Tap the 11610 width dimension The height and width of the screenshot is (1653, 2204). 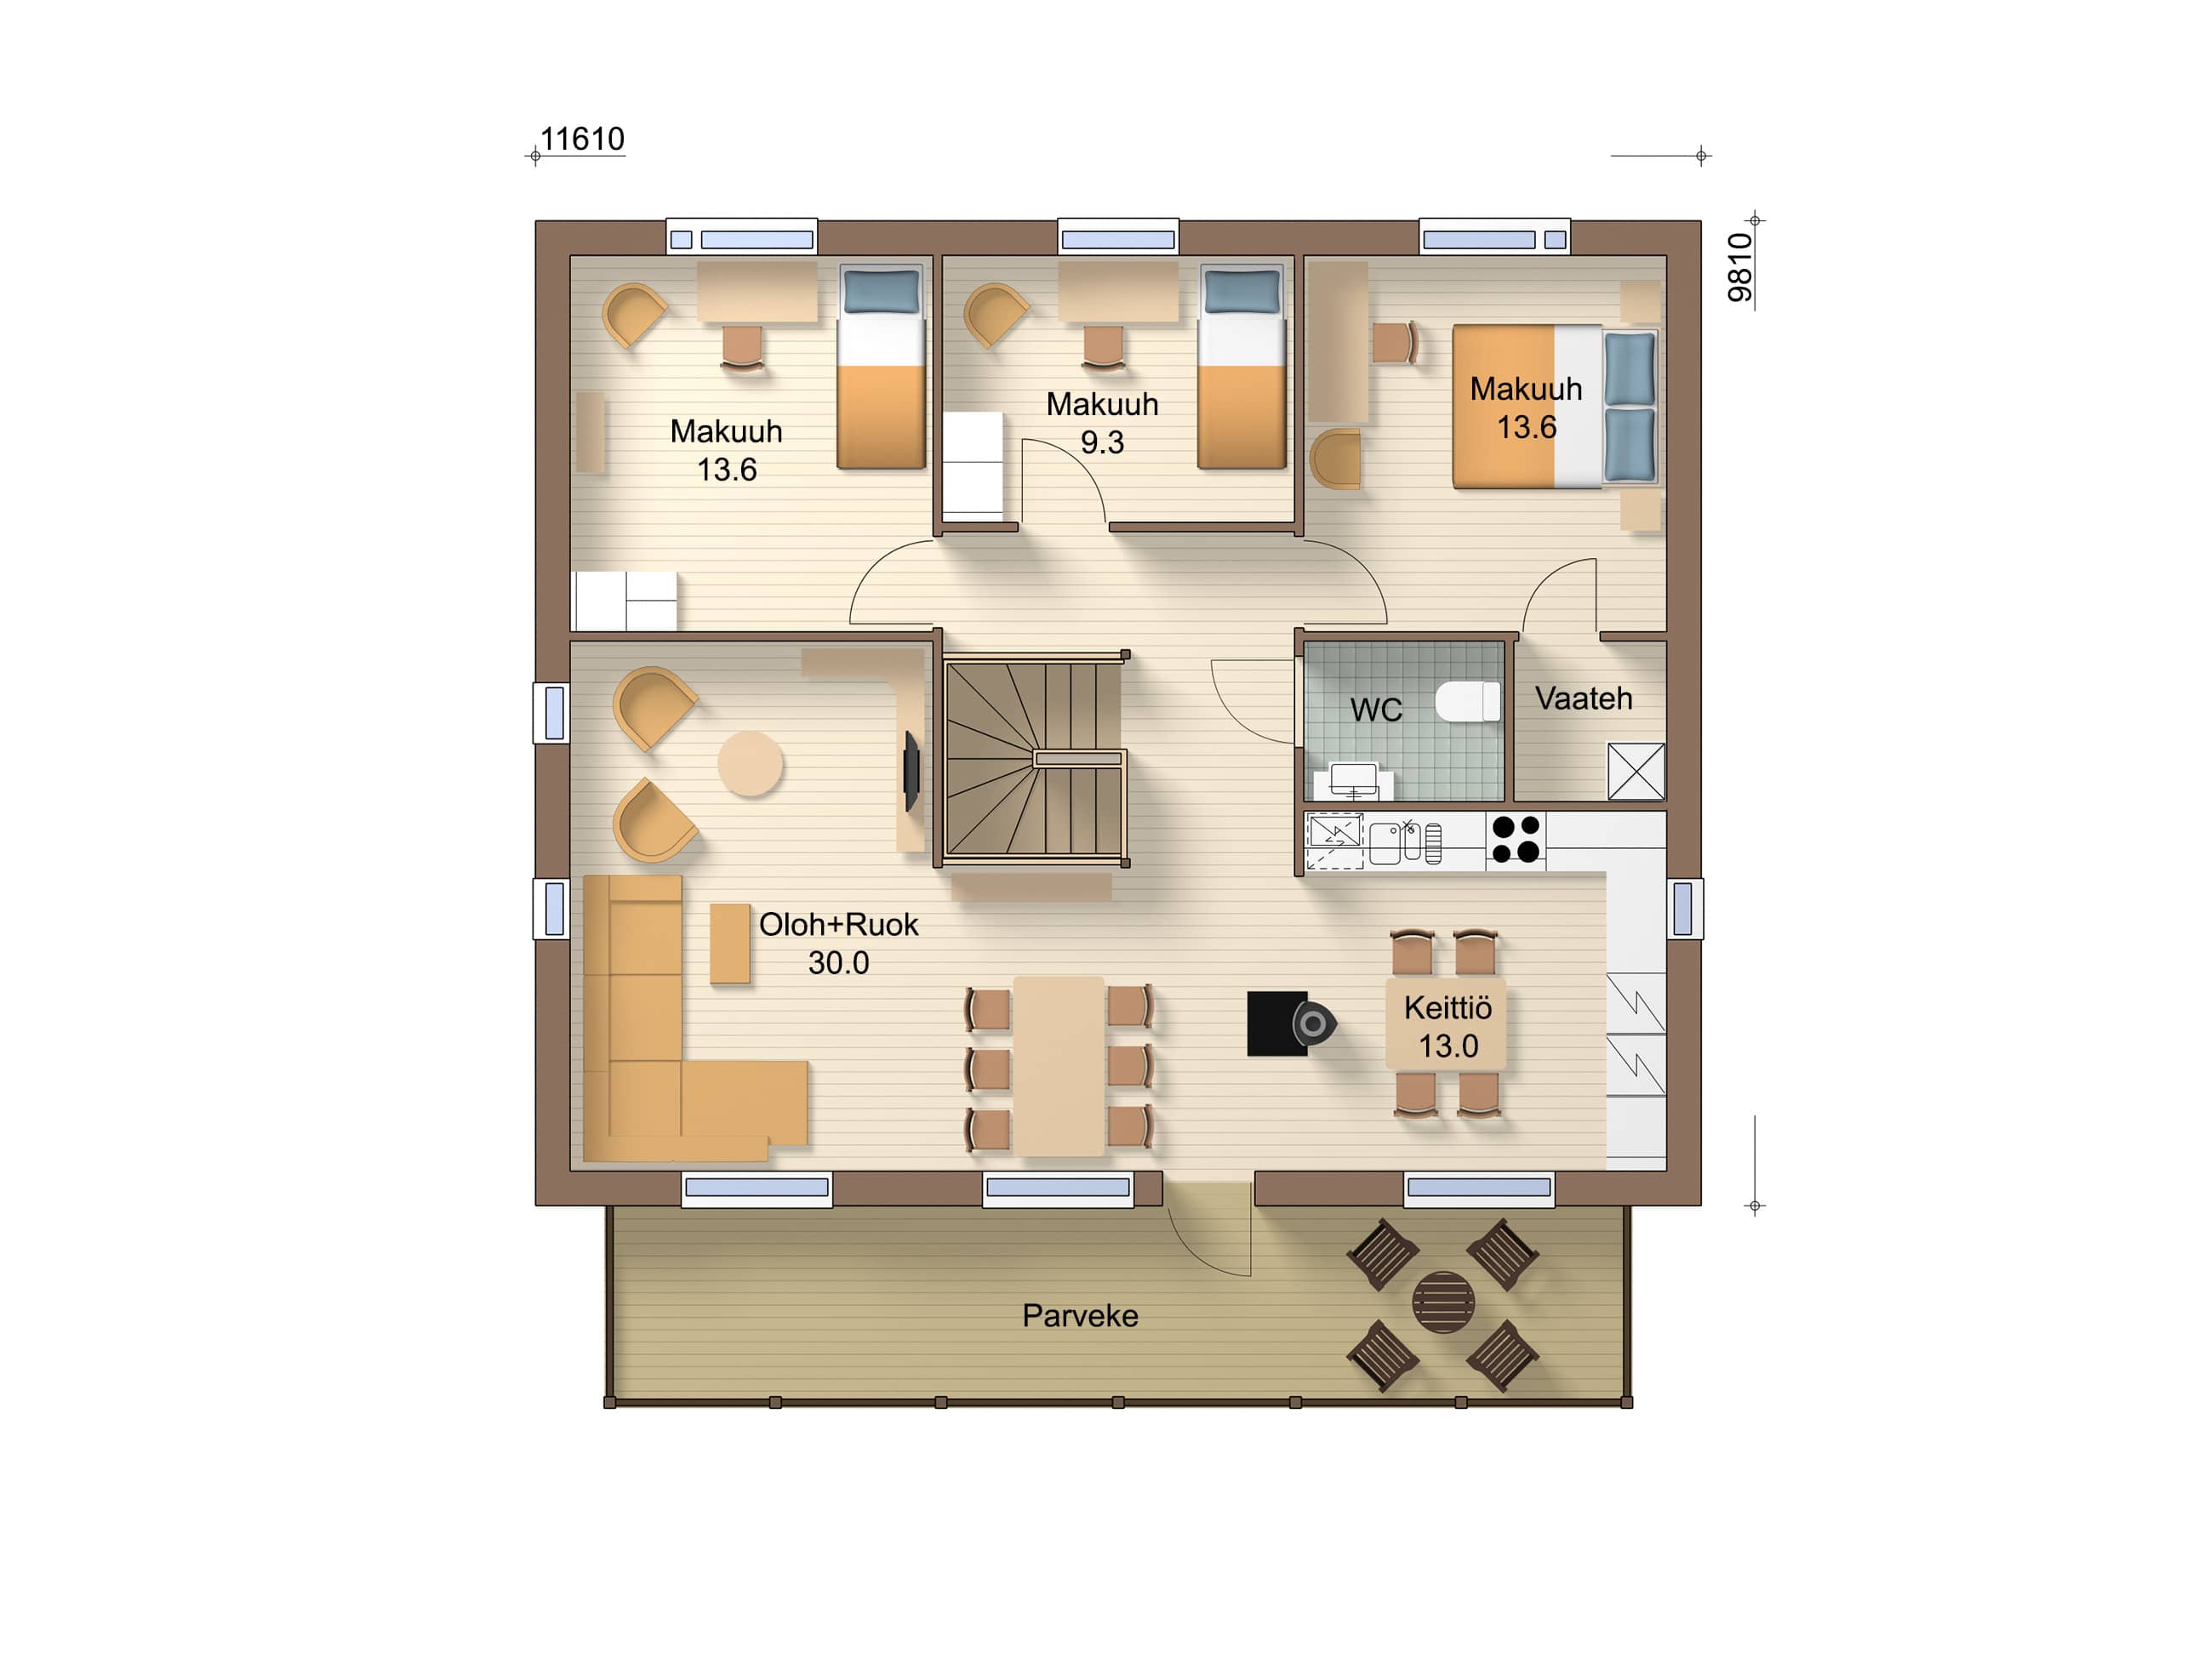[x=582, y=140]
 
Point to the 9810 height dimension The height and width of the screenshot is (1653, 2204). [x=1739, y=267]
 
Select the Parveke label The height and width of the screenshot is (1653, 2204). [x=1080, y=1315]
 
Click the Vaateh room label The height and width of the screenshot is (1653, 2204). [x=1584, y=698]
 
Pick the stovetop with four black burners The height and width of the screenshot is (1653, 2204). [x=1516, y=838]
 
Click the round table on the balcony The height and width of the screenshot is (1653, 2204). [x=1442, y=1302]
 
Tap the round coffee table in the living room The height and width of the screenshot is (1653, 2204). [x=751, y=764]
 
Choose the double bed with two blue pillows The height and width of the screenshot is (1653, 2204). [x=1555, y=407]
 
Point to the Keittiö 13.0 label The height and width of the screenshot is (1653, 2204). [x=1447, y=1026]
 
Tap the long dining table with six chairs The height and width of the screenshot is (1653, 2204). [x=1058, y=1066]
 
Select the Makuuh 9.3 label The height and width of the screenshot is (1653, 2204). [x=1102, y=423]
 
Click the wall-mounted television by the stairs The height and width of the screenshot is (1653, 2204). [x=911, y=771]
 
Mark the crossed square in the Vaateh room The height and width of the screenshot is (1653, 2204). [x=1636, y=771]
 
